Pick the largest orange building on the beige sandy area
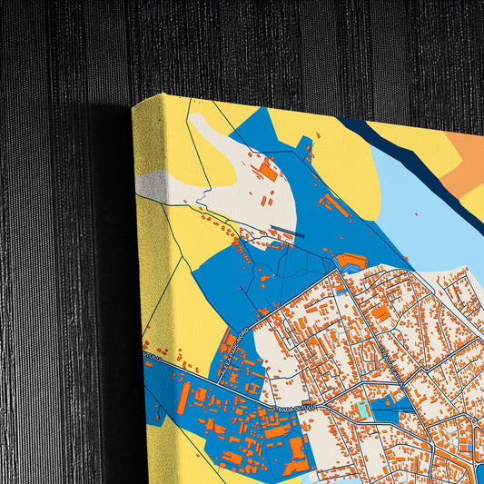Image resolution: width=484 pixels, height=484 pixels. click(x=267, y=169)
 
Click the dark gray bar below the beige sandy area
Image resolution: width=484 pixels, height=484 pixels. click(x=287, y=232)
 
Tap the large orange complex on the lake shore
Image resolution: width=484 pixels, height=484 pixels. click(x=351, y=262)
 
